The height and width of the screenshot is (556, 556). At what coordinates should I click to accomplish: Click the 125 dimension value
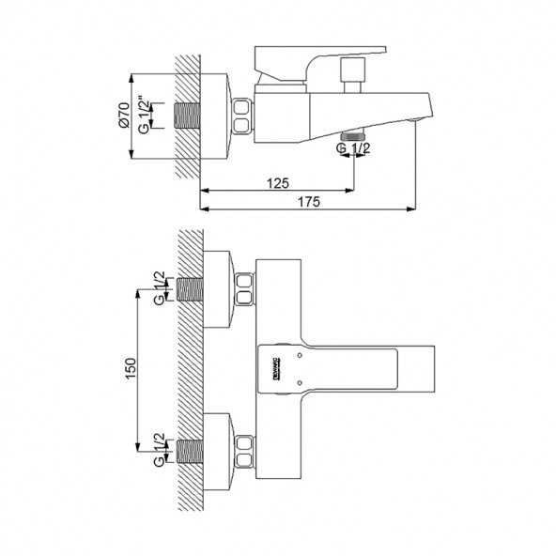point(276,181)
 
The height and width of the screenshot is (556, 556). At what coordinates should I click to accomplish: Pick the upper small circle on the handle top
point(299,354)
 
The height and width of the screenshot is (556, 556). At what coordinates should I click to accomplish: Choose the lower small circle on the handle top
point(299,381)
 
